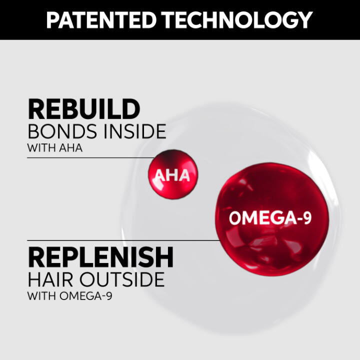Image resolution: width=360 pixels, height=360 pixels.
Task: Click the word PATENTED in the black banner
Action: [104, 19]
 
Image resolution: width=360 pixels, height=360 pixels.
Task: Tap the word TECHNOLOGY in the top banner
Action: [242, 19]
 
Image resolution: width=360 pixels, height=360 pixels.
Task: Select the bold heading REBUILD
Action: [83, 109]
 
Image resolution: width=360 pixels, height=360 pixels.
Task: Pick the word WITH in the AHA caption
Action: [39, 148]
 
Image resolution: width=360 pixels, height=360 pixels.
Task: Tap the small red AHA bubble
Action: [172, 175]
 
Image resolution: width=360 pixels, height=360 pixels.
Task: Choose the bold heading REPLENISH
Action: [100, 257]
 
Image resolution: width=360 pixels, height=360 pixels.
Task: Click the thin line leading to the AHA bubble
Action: [90, 157]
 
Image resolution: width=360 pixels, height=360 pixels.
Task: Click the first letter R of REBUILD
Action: [36, 109]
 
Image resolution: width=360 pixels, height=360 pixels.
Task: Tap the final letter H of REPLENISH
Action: [163, 257]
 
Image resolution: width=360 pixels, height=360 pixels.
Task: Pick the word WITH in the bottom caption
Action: [39, 296]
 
